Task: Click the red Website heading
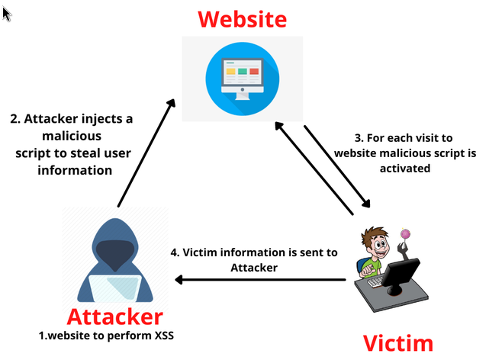242,19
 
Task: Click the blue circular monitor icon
243,77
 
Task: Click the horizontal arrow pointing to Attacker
259,281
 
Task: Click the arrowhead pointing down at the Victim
366,204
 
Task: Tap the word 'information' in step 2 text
76,170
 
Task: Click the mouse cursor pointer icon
7,13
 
